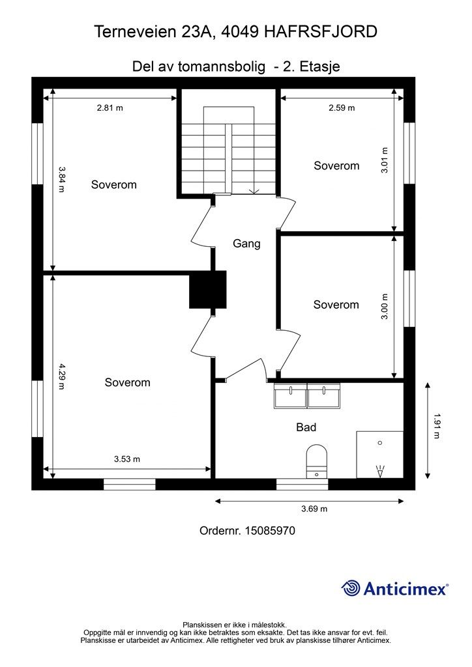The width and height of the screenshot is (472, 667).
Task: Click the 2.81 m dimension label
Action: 110,108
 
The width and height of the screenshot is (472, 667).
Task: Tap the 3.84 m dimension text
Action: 61,179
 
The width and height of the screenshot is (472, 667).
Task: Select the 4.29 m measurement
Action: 61,376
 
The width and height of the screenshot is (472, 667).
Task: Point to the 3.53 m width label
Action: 127,459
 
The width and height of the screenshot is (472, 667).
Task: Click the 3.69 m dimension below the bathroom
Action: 314,509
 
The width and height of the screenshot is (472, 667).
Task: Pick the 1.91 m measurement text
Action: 437,426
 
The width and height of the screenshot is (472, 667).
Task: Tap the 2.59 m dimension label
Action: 342,108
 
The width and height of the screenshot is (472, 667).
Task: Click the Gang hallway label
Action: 246,244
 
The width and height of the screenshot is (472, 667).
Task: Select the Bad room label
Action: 306,427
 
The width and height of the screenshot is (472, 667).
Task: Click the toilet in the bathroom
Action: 317,461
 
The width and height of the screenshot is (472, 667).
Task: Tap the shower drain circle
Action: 380,443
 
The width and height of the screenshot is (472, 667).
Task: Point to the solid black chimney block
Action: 208,290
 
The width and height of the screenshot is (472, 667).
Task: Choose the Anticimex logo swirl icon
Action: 351,588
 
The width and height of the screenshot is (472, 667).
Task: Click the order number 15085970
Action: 271,531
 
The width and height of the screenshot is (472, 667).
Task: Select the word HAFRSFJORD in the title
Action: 321,32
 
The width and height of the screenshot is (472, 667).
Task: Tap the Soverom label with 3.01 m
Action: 336,165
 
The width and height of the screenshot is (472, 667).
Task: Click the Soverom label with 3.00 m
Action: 336,305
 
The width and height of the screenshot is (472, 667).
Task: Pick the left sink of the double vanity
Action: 290,396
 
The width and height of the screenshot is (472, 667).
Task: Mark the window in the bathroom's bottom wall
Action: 302,485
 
